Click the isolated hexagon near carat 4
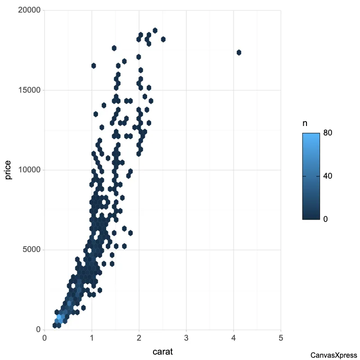pyautogui.click(x=239, y=53)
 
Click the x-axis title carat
pyautogui.click(x=162, y=351)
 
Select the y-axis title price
pyautogui.click(x=9, y=170)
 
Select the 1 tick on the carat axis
pyautogui.click(x=92, y=337)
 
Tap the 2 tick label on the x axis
pyautogui.click(x=139, y=337)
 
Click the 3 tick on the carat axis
pyautogui.click(x=186, y=337)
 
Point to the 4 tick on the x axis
pyautogui.click(x=234, y=337)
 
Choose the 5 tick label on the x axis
pyautogui.click(x=281, y=337)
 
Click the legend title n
pyautogui.click(x=305, y=123)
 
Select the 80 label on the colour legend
pyautogui.click(x=328, y=134)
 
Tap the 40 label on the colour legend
pyautogui.click(x=328, y=176)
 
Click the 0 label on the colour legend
pyautogui.click(x=326, y=219)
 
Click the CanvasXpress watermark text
pyautogui.click(x=333, y=355)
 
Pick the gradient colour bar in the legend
pyautogui.click(x=311, y=176)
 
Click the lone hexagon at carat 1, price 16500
pyautogui.click(x=94, y=66)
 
